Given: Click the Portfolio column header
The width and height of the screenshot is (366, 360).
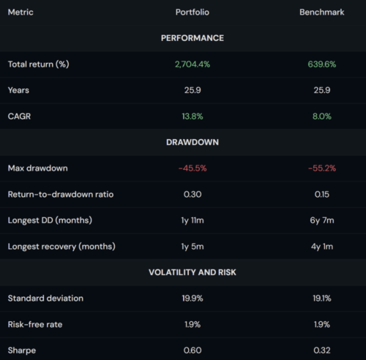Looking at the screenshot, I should click(x=193, y=12).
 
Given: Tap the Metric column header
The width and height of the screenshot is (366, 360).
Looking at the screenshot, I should click(x=20, y=12).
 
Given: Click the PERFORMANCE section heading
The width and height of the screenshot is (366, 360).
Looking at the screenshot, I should click(x=193, y=38).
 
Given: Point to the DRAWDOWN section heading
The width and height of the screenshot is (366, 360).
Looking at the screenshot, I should click(x=193, y=142).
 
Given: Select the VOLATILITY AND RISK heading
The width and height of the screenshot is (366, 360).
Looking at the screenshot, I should click(x=193, y=272).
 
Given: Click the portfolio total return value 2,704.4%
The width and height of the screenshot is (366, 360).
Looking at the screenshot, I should click(x=193, y=64).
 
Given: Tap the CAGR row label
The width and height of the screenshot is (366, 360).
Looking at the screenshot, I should click(x=20, y=116).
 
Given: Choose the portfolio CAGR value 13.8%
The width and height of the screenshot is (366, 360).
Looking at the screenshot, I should click(x=193, y=116).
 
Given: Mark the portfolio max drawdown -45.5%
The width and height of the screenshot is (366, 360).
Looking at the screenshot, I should click(x=193, y=168).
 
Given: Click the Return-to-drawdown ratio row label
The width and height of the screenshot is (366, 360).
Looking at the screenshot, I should click(x=61, y=194).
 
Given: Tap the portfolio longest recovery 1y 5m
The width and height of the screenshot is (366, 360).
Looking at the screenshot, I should click(x=193, y=246).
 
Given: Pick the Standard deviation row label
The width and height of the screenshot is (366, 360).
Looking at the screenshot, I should click(x=45, y=298).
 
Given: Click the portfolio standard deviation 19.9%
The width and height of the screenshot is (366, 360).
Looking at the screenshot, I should click(x=193, y=298).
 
